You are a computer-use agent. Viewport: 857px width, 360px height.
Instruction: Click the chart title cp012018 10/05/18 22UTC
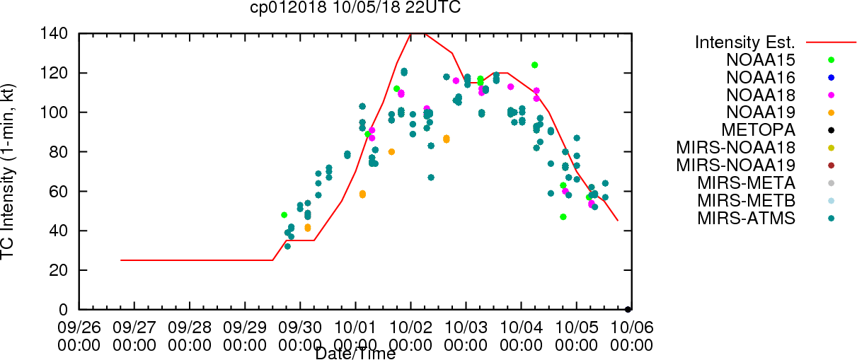pyautogui.click(x=355, y=8)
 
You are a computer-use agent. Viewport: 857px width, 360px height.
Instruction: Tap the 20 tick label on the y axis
pyautogui.click(x=59, y=270)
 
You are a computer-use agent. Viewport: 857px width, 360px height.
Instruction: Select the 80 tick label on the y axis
pyautogui.click(x=59, y=152)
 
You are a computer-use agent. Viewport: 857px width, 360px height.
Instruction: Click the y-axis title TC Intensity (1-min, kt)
pyautogui.click(x=8, y=172)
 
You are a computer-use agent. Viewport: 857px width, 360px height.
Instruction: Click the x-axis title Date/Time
pyautogui.click(x=355, y=354)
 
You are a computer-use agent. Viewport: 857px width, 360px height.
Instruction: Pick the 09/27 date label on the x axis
pyautogui.click(x=134, y=327)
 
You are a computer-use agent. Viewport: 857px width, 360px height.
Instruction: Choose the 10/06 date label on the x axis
pyautogui.click(x=632, y=327)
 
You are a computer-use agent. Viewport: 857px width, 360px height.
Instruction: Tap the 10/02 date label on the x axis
pyautogui.click(x=410, y=327)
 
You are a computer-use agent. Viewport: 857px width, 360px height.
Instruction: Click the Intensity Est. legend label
pyautogui.click(x=745, y=42)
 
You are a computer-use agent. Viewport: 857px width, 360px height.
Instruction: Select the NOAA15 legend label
pyautogui.click(x=761, y=60)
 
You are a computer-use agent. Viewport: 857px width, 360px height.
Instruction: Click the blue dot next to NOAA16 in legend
pyautogui.click(x=831, y=78)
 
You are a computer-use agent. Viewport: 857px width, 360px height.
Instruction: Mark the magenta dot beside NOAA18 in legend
pyautogui.click(x=831, y=95)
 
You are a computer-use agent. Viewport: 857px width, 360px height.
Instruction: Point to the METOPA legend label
pyautogui.click(x=759, y=130)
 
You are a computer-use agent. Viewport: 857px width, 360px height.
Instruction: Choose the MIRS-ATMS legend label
pyautogui.click(x=746, y=219)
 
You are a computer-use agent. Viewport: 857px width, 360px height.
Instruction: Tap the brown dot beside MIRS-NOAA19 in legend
pyautogui.click(x=831, y=166)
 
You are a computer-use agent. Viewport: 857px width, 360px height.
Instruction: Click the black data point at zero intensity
pyautogui.click(x=628, y=310)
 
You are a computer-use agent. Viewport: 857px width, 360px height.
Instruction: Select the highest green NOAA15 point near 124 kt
pyautogui.click(x=534, y=65)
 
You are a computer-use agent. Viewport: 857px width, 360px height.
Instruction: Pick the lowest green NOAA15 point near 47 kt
pyautogui.click(x=563, y=216)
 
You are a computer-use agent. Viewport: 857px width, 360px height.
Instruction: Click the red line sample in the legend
pyautogui.click(x=831, y=42)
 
